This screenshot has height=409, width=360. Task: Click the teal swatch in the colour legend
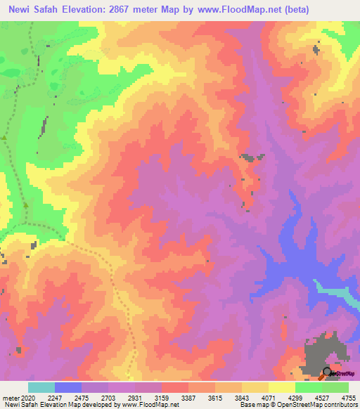[41, 387]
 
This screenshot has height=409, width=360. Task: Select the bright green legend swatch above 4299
[308, 387]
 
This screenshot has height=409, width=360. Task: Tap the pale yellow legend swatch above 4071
[281, 387]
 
